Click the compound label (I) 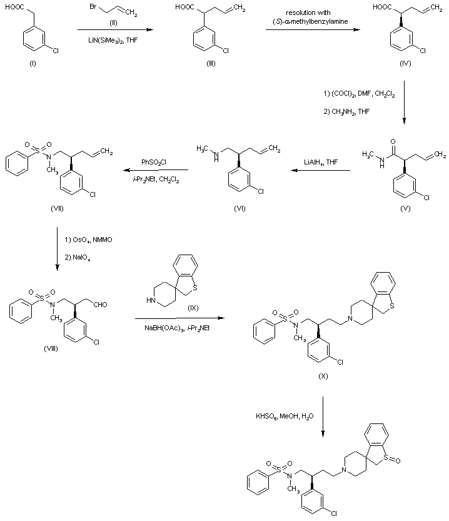(33, 63)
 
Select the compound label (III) (211, 63)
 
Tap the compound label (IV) (405, 63)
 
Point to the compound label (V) (405, 208)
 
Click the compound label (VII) (57, 208)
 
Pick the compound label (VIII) (51, 348)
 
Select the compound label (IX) (193, 308)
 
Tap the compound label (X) (323, 376)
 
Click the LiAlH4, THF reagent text (321, 162)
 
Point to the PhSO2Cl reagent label (154, 163)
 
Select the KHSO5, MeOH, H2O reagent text (285, 416)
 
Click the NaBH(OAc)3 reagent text (164, 328)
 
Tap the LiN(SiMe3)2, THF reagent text (113, 41)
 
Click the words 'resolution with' (308, 13)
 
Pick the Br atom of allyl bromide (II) (93, 6)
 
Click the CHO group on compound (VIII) (100, 305)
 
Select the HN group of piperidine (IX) (151, 300)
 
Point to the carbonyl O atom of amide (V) (393, 141)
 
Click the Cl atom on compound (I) (56, 51)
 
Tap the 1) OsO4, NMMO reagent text (88, 240)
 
